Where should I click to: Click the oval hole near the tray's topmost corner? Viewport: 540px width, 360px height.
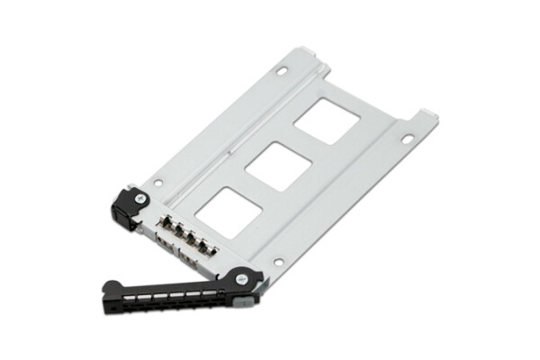[282, 68]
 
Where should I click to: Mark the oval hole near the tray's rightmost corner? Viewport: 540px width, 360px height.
[407, 139]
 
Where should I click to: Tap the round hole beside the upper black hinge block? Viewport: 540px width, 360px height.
[158, 182]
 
